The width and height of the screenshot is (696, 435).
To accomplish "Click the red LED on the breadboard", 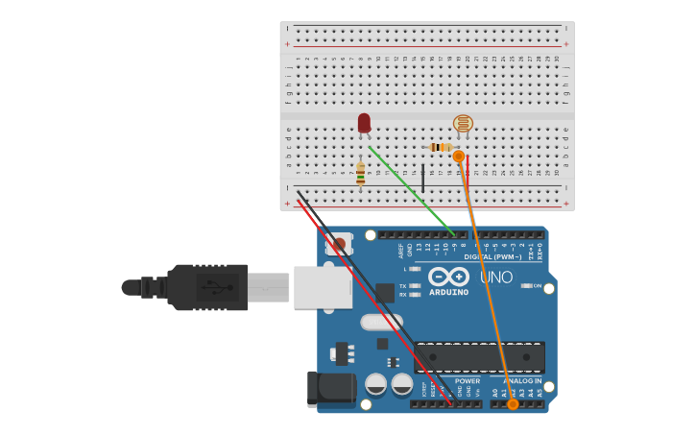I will click(x=364, y=123).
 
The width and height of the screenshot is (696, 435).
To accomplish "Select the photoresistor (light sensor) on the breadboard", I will click(x=463, y=123).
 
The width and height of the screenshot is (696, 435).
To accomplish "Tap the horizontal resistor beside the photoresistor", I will click(x=440, y=147).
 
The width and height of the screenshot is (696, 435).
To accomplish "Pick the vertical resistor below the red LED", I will click(x=360, y=173).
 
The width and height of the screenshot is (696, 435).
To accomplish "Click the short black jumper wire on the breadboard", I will click(x=422, y=178).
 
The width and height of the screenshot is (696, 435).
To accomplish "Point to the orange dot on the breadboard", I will click(x=459, y=156).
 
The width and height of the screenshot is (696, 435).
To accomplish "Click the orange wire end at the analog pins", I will click(x=513, y=404).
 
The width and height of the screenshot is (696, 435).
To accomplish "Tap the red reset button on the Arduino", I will click(x=339, y=244).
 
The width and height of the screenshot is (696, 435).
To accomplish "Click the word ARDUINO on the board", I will click(x=448, y=292).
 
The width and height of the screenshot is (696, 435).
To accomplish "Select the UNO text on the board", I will click(x=496, y=277).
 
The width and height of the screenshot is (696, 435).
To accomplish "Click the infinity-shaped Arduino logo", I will click(x=448, y=276).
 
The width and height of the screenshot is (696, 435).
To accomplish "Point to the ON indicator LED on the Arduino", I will click(x=526, y=285).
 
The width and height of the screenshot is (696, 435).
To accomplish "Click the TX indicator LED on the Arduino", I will click(x=414, y=285).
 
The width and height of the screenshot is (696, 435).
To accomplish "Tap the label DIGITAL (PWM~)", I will click(x=492, y=256).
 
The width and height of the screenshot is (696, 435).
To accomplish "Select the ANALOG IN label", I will click(x=523, y=381).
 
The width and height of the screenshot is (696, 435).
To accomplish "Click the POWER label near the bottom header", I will click(x=468, y=381).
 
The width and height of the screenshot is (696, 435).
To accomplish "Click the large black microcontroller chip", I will click(x=479, y=357).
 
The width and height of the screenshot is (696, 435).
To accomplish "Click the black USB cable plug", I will click(x=206, y=287).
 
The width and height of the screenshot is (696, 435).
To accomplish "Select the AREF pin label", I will click(x=401, y=251).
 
